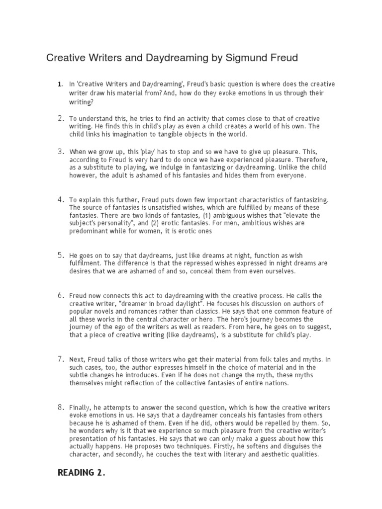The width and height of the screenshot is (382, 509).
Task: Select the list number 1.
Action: click(x=60, y=85)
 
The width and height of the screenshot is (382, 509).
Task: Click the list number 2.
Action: click(x=60, y=118)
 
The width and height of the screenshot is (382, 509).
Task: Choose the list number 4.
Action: click(x=60, y=199)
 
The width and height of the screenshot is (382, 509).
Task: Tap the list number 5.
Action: click(x=60, y=255)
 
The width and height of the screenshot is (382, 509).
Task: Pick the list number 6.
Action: click(x=60, y=295)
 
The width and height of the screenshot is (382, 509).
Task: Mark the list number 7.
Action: click(x=60, y=358)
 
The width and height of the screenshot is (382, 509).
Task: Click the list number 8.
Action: click(x=60, y=407)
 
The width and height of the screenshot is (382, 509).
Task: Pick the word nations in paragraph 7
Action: click(x=276, y=383)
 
